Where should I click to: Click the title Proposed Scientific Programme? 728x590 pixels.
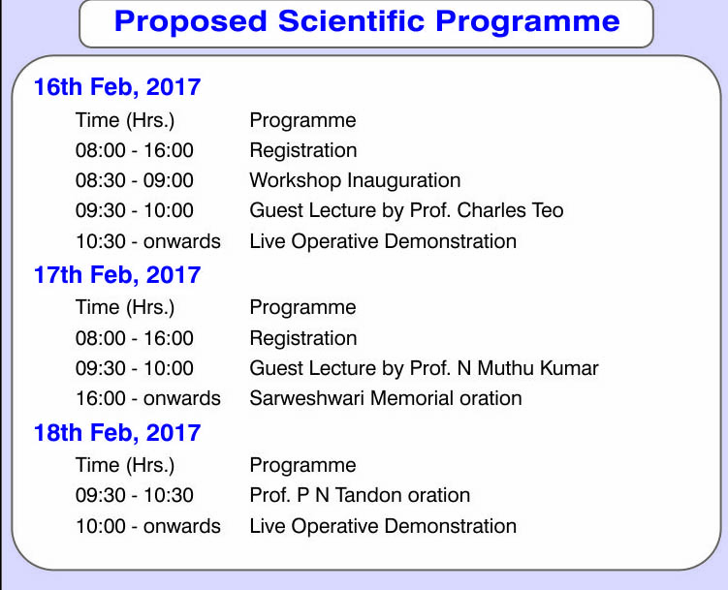coord(366,22)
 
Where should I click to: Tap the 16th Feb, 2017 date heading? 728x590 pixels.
coord(117,87)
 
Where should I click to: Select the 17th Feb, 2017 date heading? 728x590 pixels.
coord(117,275)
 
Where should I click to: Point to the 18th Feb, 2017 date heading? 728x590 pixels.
coord(117,433)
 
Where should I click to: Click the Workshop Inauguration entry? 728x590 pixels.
coord(355,181)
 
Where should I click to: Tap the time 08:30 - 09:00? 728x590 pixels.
coord(134,180)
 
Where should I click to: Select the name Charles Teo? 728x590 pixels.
coord(510,210)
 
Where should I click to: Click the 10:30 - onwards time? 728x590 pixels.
coord(148,241)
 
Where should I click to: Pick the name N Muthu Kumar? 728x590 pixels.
coord(528,369)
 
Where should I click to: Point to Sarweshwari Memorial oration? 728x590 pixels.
coord(386,398)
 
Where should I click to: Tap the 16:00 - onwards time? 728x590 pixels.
coord(148,399)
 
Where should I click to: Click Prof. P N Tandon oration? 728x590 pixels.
coord(360,495)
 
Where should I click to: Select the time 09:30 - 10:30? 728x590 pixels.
coord(134,495)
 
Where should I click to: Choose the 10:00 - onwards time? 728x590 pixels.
coord(148,526)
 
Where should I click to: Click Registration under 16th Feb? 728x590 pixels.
coord(303,151)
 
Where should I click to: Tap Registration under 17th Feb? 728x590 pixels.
coord(303,339)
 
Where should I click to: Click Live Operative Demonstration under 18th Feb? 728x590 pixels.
coord(383,527)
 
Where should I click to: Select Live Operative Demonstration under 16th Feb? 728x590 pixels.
coord(383,242)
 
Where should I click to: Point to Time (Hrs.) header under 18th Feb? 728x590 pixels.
coord(125,466)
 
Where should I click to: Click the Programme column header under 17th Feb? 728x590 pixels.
coord(302,308)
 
